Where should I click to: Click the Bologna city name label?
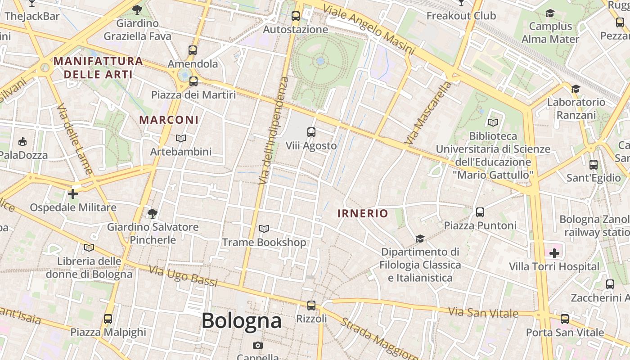[242, 321]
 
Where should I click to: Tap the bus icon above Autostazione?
[296, 16]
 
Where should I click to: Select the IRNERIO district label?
[363, 213]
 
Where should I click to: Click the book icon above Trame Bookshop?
[264, 229]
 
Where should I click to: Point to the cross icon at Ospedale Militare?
[73, 194]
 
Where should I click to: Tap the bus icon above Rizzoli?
[311, 306]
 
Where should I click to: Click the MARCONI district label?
[169, 120]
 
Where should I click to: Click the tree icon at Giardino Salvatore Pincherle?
[153, 213]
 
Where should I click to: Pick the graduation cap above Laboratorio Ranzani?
[576, 89]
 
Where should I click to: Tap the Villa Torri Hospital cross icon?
[554, 253]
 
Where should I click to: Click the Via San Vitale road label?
[483, 312]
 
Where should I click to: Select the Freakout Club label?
[461, 16]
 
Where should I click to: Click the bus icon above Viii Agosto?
[311, 132]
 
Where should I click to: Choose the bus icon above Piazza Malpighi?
[108, 319]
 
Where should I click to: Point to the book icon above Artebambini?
[181, 139]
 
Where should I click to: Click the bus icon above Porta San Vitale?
[565, 319]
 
